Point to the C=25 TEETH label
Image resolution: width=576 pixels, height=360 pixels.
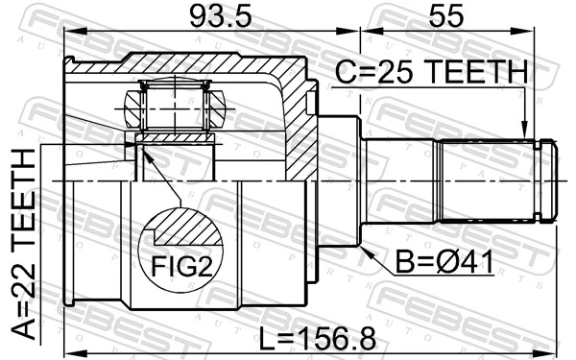click(431, 73)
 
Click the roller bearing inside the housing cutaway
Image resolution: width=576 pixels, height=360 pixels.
click(176, 105)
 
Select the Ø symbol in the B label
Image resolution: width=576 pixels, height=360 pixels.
click(448, 260)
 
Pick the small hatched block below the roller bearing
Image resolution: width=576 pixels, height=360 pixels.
click(176, 138)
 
